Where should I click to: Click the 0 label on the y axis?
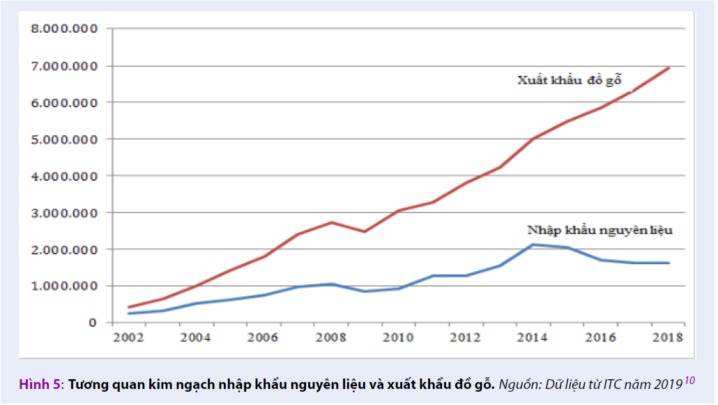(91, 323)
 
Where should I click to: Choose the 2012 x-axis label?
(465, 339)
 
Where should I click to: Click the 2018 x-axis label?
(668, 339)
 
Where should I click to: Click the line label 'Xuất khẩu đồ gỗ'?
(569, 79)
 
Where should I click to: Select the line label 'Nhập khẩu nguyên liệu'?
(599, 229)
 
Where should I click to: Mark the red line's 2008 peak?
(332, 222)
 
